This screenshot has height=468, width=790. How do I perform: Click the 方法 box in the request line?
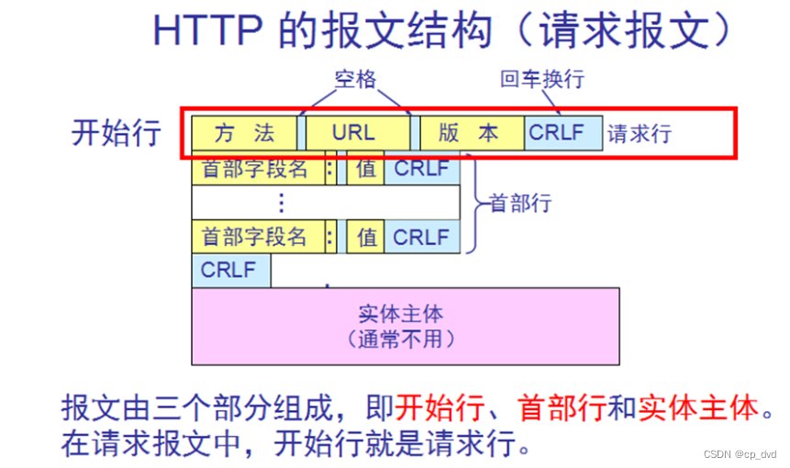244,133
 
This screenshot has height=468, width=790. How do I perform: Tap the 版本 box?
471,133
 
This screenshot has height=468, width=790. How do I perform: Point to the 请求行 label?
640,134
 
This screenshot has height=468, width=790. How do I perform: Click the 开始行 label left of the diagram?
117,133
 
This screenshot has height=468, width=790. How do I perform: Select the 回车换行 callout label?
541,80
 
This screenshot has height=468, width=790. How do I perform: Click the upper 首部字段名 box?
255,169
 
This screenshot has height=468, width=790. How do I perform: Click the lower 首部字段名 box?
255,237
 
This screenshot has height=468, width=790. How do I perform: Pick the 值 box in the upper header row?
366,169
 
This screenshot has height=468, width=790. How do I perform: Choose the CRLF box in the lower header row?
421,237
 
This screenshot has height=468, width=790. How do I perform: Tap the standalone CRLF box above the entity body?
229,271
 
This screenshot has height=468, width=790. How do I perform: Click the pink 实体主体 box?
405,327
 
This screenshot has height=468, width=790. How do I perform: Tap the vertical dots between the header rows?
283,203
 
